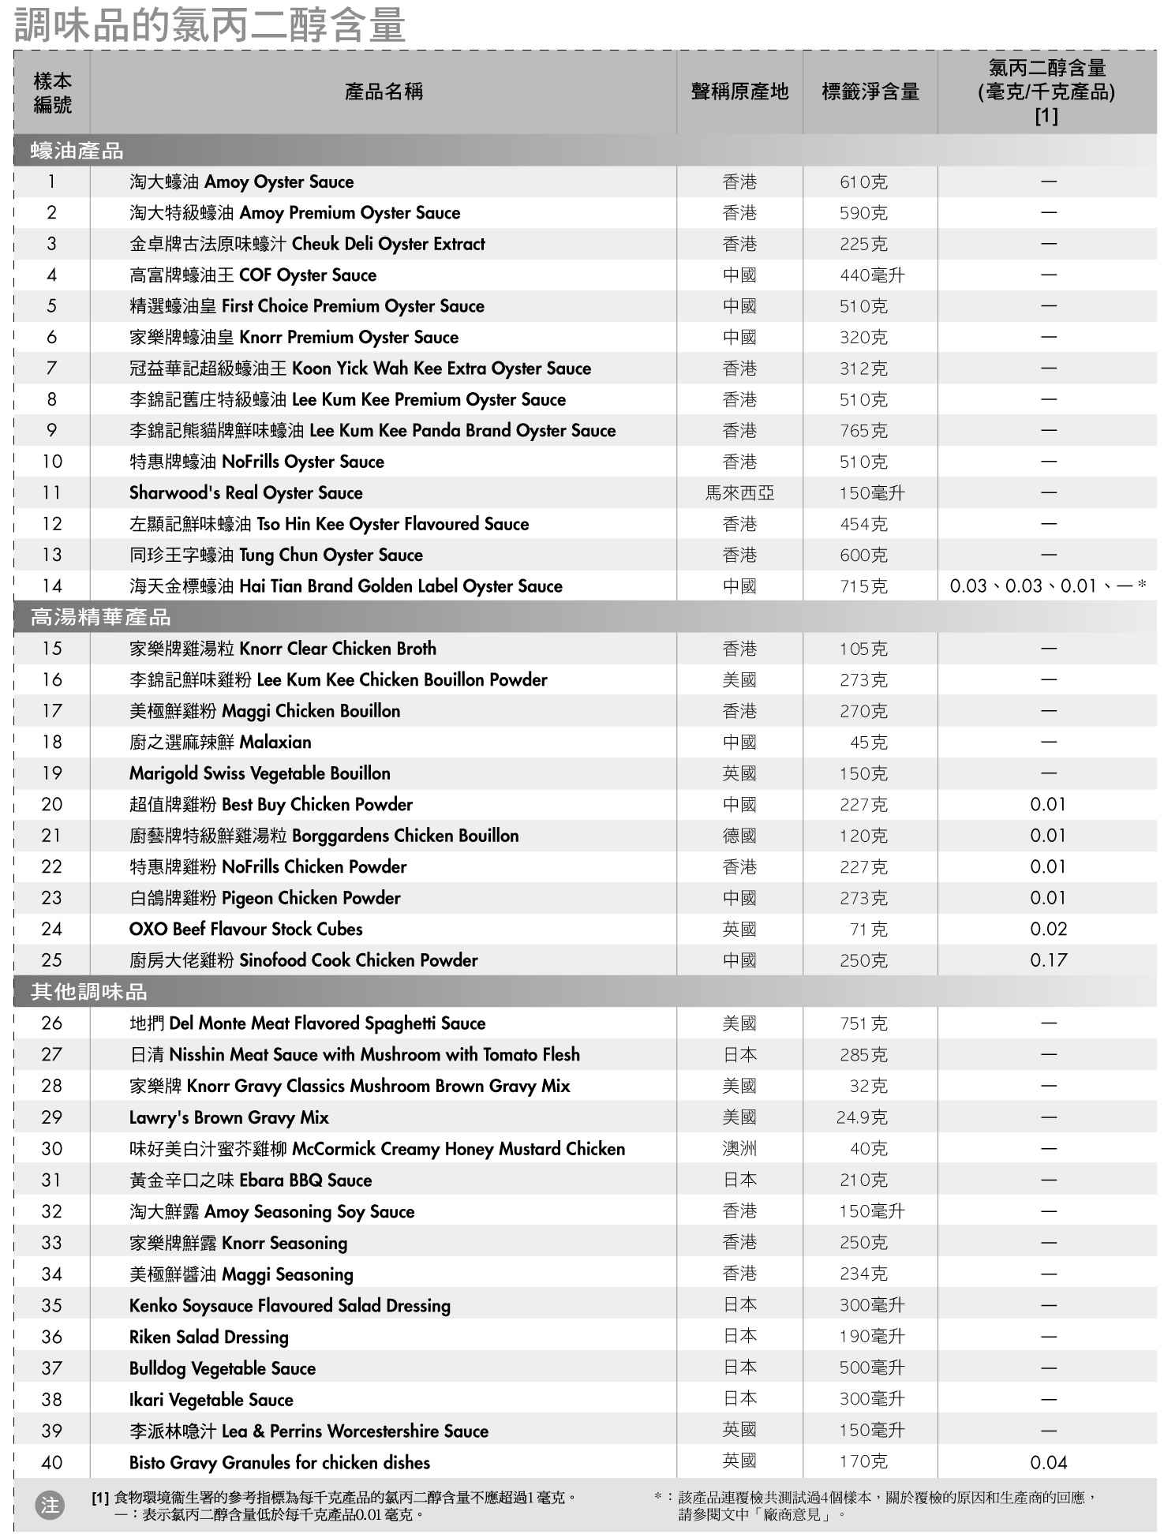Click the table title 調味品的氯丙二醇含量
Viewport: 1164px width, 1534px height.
210,24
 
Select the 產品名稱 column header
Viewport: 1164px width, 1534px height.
384,92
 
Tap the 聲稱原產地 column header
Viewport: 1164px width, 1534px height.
739,92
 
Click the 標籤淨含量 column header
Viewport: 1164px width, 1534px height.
870,92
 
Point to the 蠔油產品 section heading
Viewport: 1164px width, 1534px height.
77,151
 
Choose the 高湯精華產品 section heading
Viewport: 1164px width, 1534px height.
100,617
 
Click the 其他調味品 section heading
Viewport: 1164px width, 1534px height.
88,992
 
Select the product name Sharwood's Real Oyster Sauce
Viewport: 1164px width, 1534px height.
245,493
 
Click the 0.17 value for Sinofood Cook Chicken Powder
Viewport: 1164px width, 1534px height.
1048,960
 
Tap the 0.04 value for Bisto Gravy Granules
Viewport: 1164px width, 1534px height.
1048,1462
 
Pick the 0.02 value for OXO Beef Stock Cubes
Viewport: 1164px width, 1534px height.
1048,929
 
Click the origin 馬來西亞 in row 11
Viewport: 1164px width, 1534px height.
739,493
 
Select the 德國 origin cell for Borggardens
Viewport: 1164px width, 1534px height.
739,836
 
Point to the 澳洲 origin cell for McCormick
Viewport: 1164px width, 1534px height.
739,1149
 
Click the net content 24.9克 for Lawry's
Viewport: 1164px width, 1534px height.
862,1117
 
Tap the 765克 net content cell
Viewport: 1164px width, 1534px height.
863,431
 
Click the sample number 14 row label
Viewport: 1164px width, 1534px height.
52,586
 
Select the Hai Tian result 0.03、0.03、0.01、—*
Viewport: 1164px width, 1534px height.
1047,586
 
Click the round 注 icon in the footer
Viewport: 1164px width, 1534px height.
50,1506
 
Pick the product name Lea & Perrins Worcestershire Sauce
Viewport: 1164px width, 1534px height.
309,1431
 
